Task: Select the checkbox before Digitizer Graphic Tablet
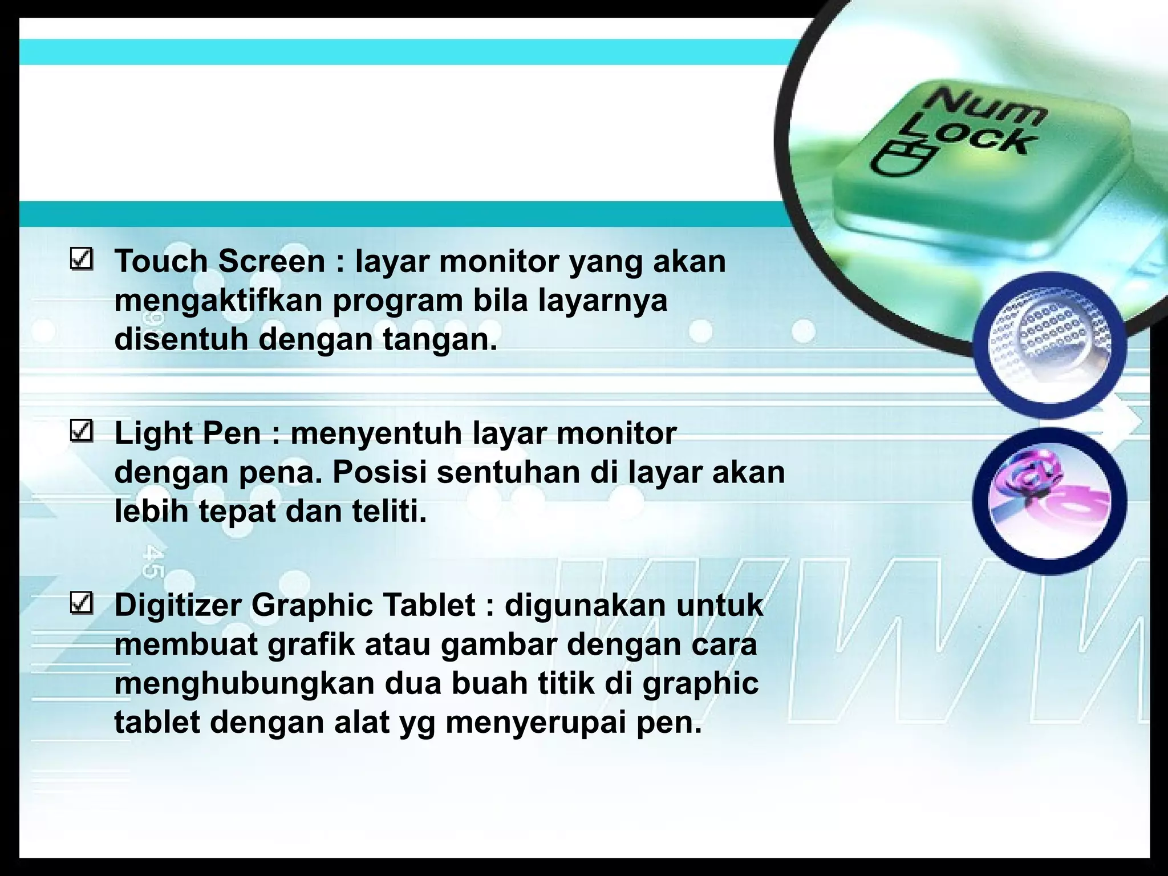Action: coord(82,603)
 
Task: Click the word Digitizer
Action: coord(178,605)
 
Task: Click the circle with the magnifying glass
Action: coord(1049,344)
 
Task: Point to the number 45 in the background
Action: coord(153,562)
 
